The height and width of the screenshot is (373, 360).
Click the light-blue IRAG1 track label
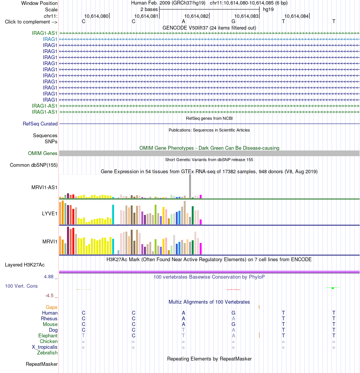[x=50, y=39]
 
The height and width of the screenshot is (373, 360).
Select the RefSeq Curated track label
[x=40, y=124]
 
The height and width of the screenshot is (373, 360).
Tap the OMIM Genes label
[x=42, y=153]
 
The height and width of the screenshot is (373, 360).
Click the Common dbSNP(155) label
[x=33, y=165]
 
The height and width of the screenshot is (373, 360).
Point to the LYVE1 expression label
[x=50, y=213]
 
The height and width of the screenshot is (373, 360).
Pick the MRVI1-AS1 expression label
[x=44, y=188]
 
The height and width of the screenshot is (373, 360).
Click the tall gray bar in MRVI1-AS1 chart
[x=190, y=186]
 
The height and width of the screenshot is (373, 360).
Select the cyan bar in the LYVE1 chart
[x=113, y=215]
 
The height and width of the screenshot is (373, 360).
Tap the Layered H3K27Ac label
[x=25, y=265]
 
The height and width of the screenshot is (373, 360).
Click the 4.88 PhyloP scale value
[x=49, y=276]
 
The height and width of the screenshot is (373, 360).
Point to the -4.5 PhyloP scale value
[x=49, y=295]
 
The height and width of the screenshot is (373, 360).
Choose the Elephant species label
[x=48, y=335]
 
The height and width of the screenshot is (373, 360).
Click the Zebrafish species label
[x=47, y=353]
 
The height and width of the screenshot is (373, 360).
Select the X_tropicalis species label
[x=44, y=347]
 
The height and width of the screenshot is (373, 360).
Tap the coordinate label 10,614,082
[x=196, y=16]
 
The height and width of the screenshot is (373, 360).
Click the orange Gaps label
[x=52, y=307]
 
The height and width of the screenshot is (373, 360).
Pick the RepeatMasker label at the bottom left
[x=42, y=364]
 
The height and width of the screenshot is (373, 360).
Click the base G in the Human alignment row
[x=233, y=313]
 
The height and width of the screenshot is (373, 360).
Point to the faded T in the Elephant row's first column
[x=83, y=335]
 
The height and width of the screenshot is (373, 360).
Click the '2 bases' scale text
[x=149, y=9]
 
